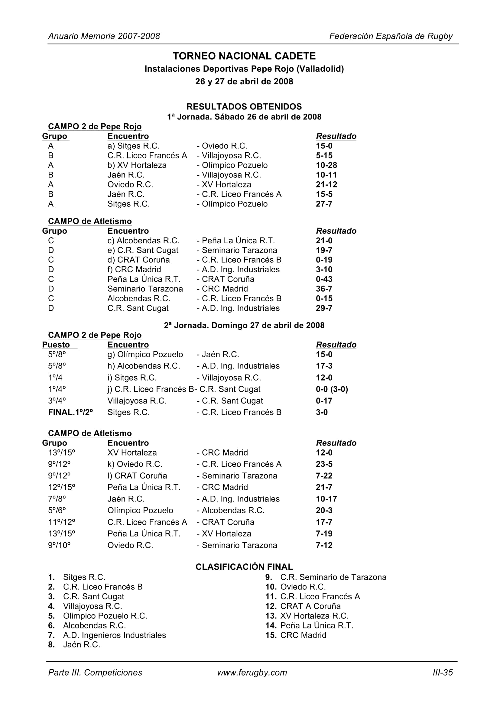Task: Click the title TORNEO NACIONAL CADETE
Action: click(244, 56)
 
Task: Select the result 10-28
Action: click(326, 165)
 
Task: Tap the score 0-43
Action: click(324, 279)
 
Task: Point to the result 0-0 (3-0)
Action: click(332, 389)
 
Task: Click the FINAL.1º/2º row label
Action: click(70, 412)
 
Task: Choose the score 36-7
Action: click(324, 289)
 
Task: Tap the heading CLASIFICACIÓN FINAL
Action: click(244, 567)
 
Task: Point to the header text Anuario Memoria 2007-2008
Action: click(104, 36)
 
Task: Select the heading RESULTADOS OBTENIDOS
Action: click(244, 106)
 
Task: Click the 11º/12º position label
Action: click(62, 522)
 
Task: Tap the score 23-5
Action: click(324, 464)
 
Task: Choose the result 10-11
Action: click(326, 175)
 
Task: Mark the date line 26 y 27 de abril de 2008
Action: click(244, 82)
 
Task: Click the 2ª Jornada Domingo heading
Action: click(244, 326)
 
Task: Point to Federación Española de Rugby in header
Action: click(391, 36)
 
